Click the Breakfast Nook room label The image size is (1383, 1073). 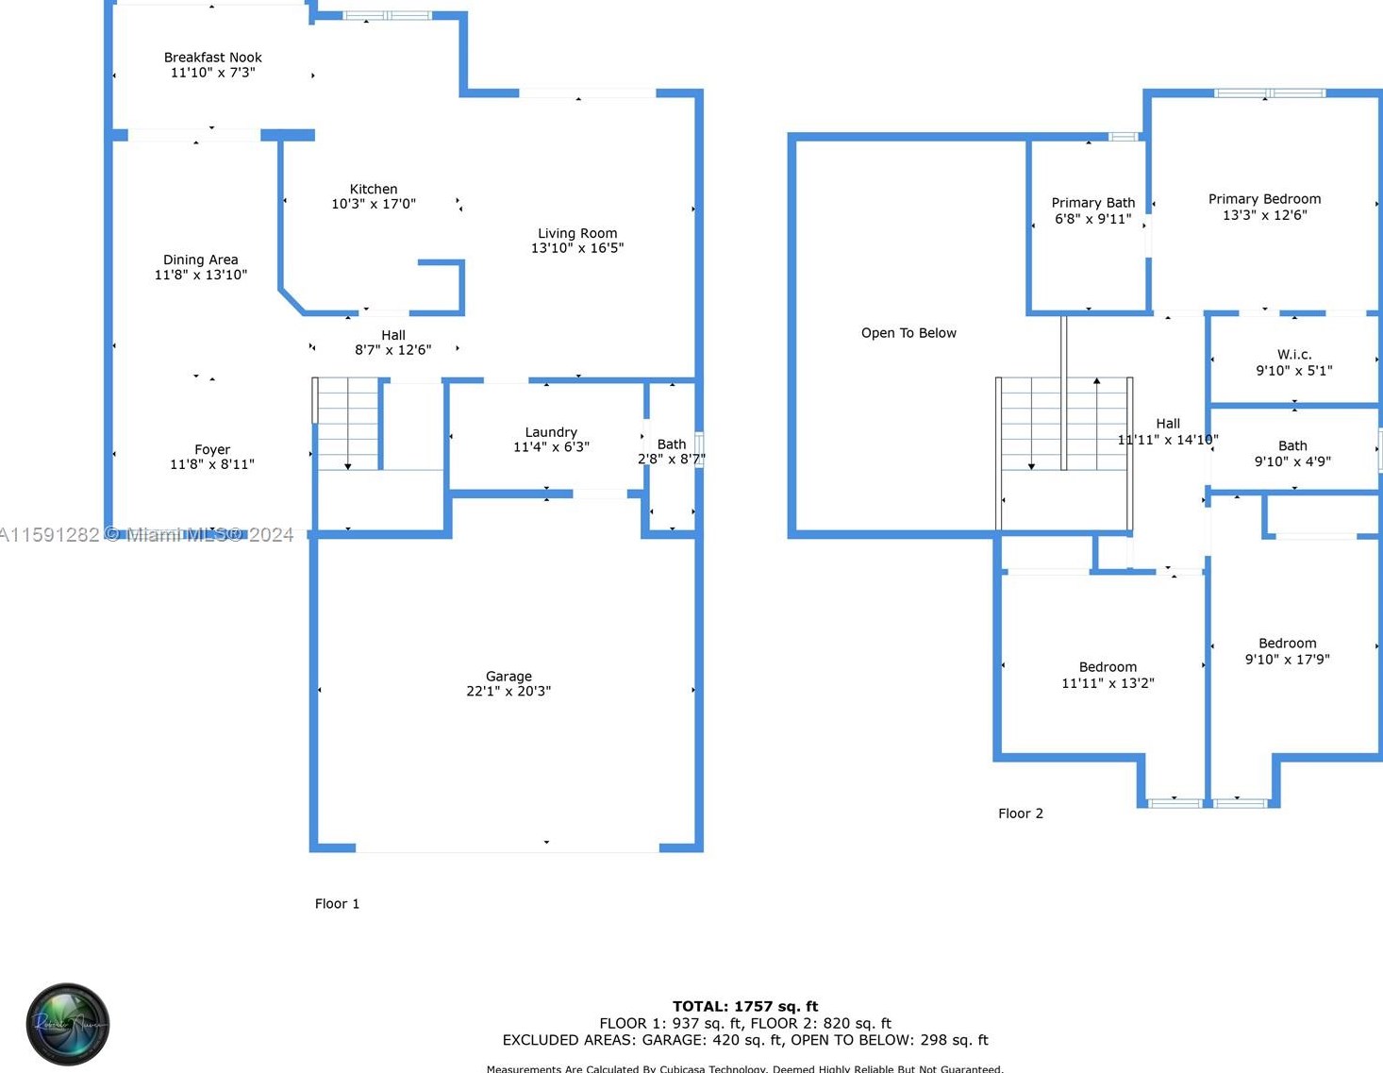[212, 58]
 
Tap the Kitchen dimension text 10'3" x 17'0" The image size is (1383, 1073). [373, 204]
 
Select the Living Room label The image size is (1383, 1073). [577, 233]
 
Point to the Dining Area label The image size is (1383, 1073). [200, 260]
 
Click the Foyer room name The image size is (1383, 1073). [212, 450]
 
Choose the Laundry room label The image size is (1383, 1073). [551, 432]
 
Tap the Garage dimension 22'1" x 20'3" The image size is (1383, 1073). [508, 691]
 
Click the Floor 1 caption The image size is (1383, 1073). [337, 903]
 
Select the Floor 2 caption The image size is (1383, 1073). [1021, 813]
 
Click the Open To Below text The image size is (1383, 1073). [908, 333]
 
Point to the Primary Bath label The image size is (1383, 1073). [1092, 203]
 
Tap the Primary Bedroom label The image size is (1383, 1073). [1264, 199]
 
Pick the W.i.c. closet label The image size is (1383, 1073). [1294, 355]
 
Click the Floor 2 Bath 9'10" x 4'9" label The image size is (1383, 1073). [1292, 453]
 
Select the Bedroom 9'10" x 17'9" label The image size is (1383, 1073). [1287, 651]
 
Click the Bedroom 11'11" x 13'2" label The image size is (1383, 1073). [1108, 675]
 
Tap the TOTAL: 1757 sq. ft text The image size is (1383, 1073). [745, 1006]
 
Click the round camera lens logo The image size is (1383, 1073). [68, 1024]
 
